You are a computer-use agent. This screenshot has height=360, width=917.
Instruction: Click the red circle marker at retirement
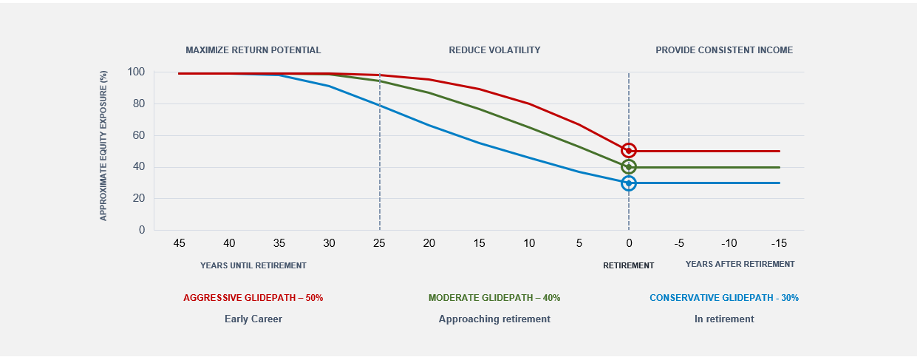[x=629, y=151]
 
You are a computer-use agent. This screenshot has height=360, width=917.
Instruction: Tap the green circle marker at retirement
[x=629, y=167]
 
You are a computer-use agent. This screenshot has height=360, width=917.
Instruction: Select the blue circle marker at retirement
[x=629, y=183]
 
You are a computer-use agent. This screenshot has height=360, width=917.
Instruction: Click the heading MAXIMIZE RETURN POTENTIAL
[x=253, y=50]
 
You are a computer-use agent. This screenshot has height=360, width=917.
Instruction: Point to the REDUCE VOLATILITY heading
[x=494, y=50]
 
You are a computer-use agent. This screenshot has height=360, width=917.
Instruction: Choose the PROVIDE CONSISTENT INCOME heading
[x=724, y=50]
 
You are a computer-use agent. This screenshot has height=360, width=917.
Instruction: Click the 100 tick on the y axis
[x=136, y=72]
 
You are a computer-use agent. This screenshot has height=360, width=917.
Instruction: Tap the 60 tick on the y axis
[x=139, y=135]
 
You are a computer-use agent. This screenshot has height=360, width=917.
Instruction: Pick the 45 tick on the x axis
[x=179, y=242]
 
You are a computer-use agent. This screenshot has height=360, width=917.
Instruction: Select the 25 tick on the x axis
[x=379, y=242]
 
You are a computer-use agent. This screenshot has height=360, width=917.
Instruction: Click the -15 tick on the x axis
[x=780, y=242]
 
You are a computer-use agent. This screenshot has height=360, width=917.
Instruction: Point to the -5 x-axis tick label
[x=678, y=242]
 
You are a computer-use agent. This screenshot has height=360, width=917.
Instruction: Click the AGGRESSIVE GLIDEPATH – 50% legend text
[x=253, y=298]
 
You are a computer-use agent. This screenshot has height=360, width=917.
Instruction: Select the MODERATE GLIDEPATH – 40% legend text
[x=494, y=298]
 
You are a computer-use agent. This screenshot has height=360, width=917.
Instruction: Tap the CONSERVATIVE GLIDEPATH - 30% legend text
[x=724, y=298]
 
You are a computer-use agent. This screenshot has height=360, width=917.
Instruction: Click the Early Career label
[x=253, y=319]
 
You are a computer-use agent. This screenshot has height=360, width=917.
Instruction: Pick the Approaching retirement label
[x=494, y=319]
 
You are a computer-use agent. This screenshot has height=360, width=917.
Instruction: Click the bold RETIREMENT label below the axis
[x=628, y=265]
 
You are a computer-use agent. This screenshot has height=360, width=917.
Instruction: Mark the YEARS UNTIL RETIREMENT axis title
[x=253, y=265]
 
